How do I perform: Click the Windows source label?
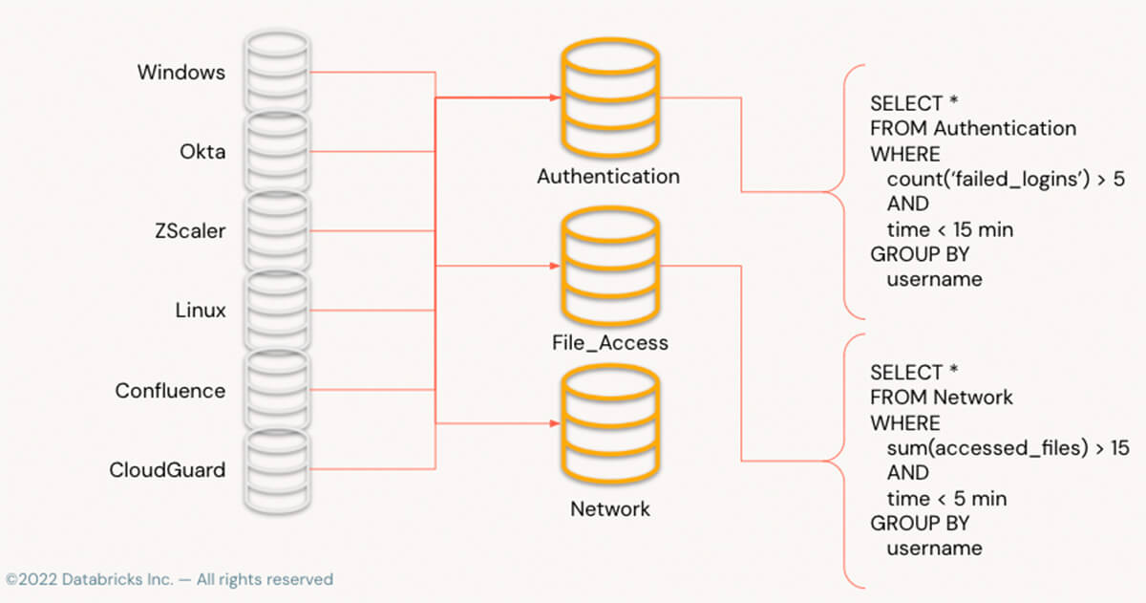pyautogui.click(x=181, y=73)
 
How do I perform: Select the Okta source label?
pyautogui.click(x=202, y=152)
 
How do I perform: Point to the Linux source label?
pyautogui.click(x=201, y=311)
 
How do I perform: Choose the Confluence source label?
pyautogui.click(x=170, y=391)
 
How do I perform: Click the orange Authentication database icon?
pyautogui.click(x=609, y=97)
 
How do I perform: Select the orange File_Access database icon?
pyautogui.click(x=609, y=262)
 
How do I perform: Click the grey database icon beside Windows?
pyautogui.click(x=276, y=73)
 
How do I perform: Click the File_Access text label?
pyautogui.click(x=609, y=342)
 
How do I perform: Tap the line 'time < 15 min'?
pyautogui.click(x=950, y=229)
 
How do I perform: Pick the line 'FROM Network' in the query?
pyautogui.click(x=941, y=397)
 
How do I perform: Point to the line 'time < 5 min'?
pyautogui.click(x=946, y=499)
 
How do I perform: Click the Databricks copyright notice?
pyautogui.click(x=169, y=579)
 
